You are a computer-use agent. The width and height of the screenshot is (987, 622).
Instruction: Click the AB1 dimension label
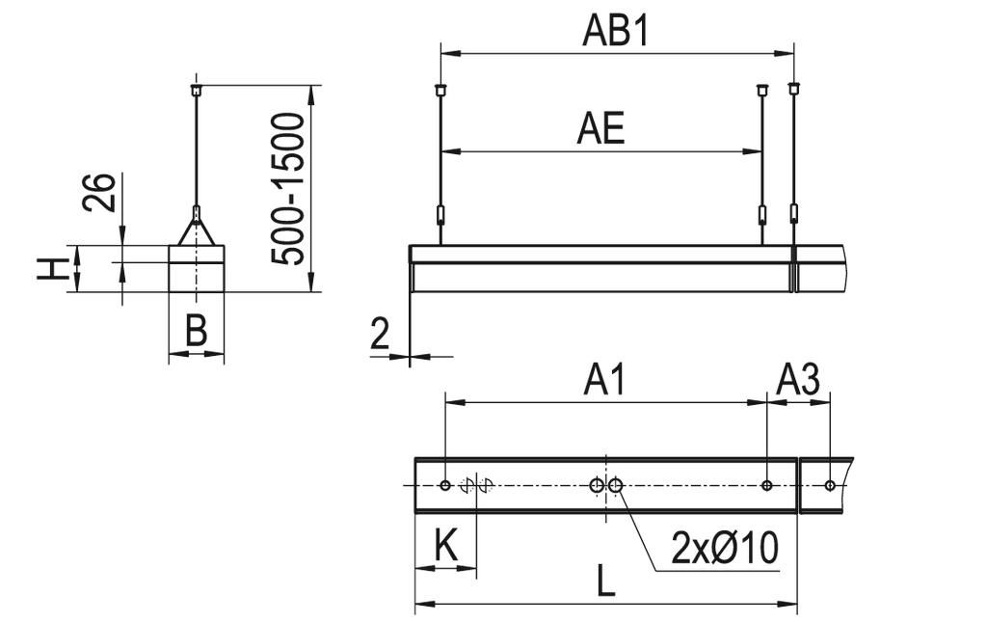tap(617, 31)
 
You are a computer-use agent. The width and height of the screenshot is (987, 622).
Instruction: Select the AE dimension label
tap(600, 128)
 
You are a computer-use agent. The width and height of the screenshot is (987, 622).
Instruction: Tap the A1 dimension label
tap(604, 380)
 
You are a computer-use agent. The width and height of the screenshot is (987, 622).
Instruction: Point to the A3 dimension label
tap(798, 380)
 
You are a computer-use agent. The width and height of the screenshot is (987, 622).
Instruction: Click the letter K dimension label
tap(444, 546)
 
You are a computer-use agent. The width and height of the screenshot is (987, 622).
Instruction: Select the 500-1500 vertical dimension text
tap(288, 188)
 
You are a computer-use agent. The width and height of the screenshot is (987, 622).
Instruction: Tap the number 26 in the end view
tap(100, 193)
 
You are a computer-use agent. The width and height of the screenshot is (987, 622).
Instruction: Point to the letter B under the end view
tap(196, 331)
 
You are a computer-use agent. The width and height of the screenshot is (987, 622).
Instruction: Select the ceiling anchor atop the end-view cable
tap(197, 89)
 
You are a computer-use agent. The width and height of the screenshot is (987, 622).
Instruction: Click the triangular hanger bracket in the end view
tap(197, 230)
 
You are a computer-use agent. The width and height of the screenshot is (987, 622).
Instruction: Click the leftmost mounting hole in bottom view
tap(444, 485)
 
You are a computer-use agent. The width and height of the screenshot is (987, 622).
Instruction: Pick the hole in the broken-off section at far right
tap(829, 485)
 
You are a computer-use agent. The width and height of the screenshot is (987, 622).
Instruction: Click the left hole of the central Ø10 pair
tap(598, 485)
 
